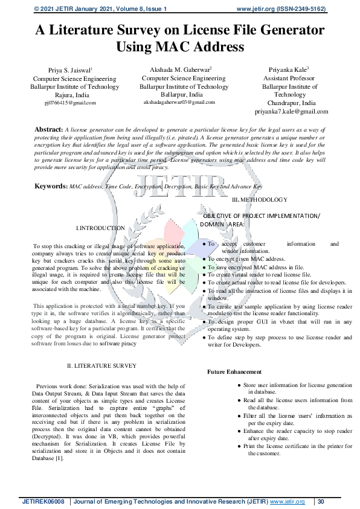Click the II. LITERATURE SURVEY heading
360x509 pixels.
(101, 366)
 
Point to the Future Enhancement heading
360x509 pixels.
(234, 372)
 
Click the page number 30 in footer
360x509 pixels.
(321, 502)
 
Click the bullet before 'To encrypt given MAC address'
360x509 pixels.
(204, 258)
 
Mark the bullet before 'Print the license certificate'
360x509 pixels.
(240, 446)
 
